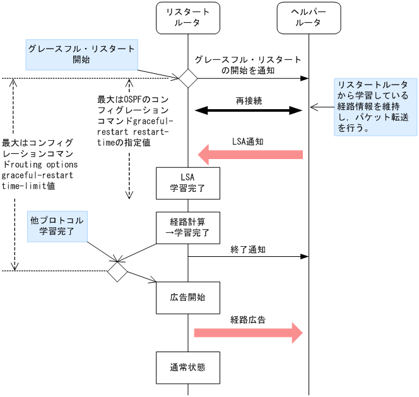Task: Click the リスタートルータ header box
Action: [187, 17]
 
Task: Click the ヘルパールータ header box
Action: [308, 17]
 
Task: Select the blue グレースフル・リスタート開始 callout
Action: [81, 55]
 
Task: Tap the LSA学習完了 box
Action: [187, 182]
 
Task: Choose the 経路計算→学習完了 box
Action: [187, 227]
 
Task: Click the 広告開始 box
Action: [187, 297]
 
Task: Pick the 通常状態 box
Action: [187, 367]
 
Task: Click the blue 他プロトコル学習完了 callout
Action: [56, 227]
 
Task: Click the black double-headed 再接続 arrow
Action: [249, 110]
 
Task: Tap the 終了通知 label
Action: [248, 249]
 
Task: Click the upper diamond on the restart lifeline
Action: [187, 78]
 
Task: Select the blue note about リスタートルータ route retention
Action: [375, 106]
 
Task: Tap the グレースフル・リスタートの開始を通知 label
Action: [248, 65]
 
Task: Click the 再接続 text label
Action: [248, 100]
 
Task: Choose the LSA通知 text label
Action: [248, 141]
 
